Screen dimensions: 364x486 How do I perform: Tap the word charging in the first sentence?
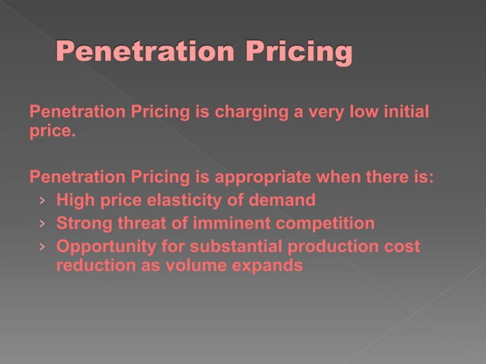(x=251, y=113)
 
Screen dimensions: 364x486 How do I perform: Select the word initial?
(x=404, y=113)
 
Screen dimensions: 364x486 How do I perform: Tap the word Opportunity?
(x=99, y=247)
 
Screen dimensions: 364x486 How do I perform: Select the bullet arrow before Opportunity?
(x=43, y=247)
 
